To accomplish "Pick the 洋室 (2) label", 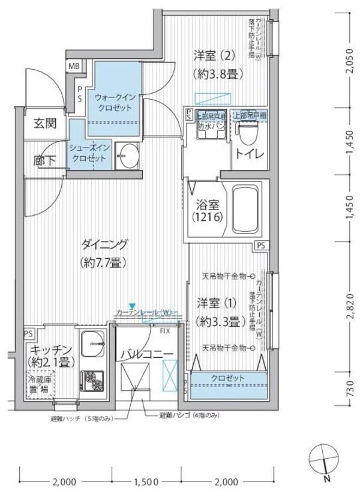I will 214,65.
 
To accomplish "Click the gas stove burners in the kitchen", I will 93,379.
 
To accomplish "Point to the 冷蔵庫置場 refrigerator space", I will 38,385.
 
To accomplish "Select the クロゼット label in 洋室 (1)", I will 227,378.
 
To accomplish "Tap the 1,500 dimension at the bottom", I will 146,481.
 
